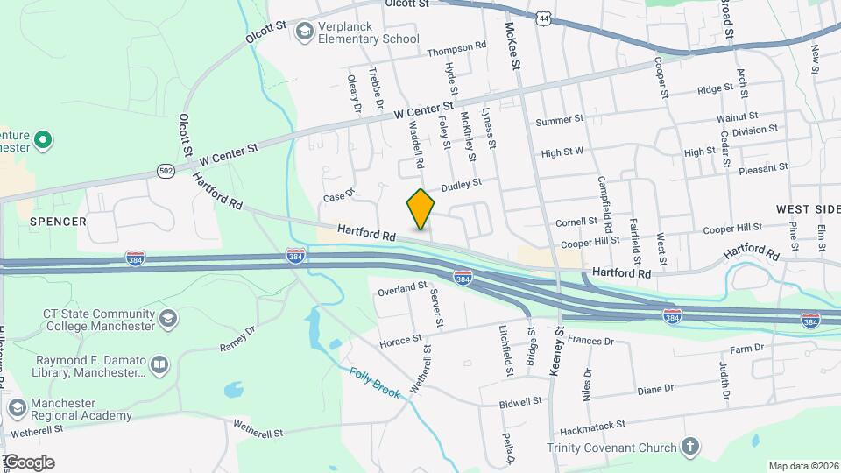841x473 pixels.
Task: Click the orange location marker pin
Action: [x=420, y=209]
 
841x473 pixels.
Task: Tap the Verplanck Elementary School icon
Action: [x=304, y=32]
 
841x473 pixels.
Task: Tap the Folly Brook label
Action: [x=375, y=383]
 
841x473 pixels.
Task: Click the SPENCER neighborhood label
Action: [x=59, y=222]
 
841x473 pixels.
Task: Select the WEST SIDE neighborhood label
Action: [x=807, y=210]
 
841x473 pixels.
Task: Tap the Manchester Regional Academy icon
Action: [x=17, y=408]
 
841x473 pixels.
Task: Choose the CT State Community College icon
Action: [x=168, y=317]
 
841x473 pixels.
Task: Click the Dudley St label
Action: [x=462, y=185]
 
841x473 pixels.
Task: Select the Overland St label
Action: [x=402, y=287]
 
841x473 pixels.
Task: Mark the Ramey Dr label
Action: [x=237, y=338]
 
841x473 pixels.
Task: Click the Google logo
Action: [x=28, y=462]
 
